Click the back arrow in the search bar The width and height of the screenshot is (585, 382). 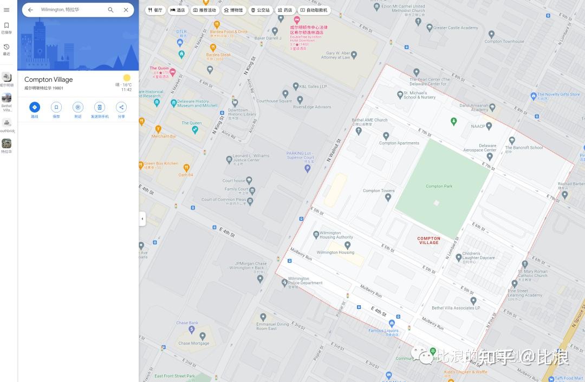pos(30,10)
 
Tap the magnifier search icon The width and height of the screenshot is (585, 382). pos(110,10)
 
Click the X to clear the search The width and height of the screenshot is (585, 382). pos(126,10)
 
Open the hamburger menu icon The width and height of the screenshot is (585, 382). pos(6,10)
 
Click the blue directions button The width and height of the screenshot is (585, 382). pos(35,107)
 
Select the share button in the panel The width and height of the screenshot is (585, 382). pos(121,107)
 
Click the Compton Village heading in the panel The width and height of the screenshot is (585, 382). pos(48,80)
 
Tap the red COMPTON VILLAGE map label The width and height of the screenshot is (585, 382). pos(428,240)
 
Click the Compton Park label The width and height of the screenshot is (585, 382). pos(439,186)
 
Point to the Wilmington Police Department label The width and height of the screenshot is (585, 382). pos(305,281)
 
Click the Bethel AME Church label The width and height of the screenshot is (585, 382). pos(369,120)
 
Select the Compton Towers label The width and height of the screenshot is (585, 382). pos(379,190)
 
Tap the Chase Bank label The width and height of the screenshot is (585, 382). pos(187,323)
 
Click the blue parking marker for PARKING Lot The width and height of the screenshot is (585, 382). pos(307,169)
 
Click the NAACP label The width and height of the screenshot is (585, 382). pos(478,126)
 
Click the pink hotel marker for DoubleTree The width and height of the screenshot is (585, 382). pos(296,20)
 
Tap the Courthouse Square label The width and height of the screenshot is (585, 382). pos(274,101)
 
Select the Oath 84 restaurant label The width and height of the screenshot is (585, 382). pos(186,175)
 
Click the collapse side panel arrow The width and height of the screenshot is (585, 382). pos(142,219)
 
